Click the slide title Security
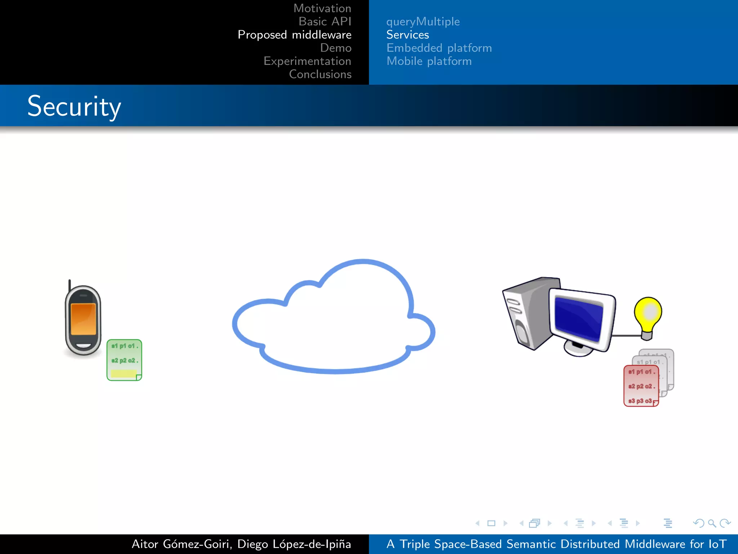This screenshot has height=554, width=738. [x=74, y=106]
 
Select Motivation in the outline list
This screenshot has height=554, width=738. [x=322, y=8]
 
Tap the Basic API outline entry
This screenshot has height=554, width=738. [x=325, y=22]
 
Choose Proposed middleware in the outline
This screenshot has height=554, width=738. [x=294, y=35]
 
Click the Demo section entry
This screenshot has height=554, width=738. [x=335, y=48]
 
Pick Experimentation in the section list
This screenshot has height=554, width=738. [x=307, y=61]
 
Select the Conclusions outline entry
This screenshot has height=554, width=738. [x=320, y=74]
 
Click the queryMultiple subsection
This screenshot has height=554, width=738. [x=423, y=22]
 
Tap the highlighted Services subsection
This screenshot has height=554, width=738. [x=408, y=35]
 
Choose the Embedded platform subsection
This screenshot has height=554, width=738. [x=439, y=48]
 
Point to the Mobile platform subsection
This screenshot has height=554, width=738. [x=429, y=61]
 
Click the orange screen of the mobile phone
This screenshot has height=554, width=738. [x=83, y=319]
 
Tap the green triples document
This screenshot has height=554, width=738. [x=124, y=360]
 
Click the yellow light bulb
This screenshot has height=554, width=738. [x=648, y=314]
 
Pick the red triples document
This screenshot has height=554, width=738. [x=641, y=386]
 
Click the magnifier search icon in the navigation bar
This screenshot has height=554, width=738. [x=712, y=523]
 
